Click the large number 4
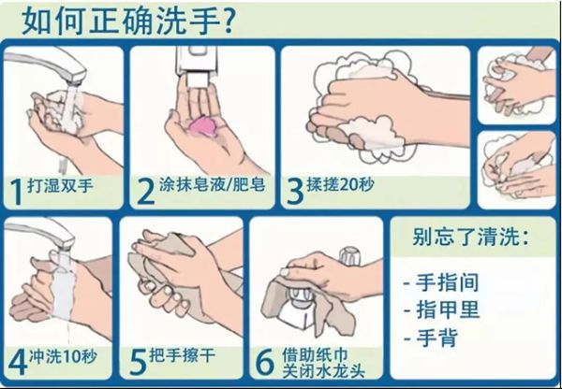[16, 361]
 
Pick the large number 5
[136, 361]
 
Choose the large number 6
[263, 361]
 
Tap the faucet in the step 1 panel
[65, 70]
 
